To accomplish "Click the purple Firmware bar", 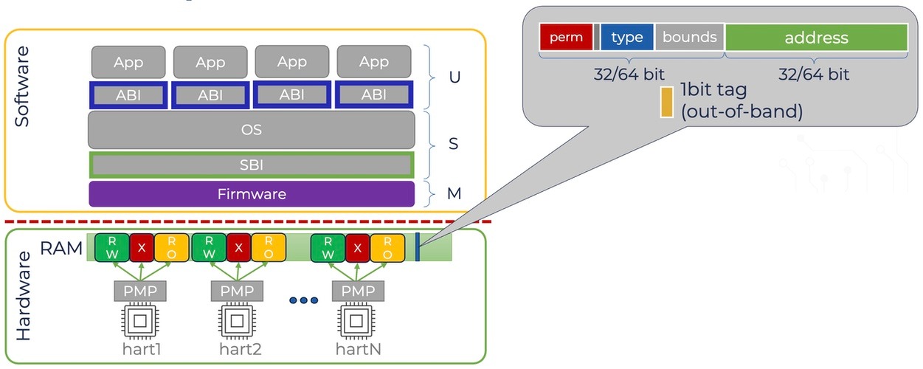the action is (252, 194).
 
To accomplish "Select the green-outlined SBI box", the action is (252, 165).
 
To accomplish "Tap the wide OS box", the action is (252, 129).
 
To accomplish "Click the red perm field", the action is (566, 37).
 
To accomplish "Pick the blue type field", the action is (626, 37).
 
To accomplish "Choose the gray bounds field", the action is (689, 37).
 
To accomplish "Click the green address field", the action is (816, 38).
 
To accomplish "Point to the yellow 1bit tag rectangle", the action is (667, 103).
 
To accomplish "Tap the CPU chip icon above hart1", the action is (140, 321).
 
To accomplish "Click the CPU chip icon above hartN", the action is (356, 321).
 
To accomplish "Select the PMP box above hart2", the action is (237, 291).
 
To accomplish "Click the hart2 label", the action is (241, 349).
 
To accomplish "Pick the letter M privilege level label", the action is (454, 193).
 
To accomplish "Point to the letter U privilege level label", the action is (454, 77).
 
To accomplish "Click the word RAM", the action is (61, 248).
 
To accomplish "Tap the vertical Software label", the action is (22, 86).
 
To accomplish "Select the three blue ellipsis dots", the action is (304, 300).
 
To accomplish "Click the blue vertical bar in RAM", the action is (418, 247).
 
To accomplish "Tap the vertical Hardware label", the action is (23, 296).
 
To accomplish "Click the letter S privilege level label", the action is (453, 143).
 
